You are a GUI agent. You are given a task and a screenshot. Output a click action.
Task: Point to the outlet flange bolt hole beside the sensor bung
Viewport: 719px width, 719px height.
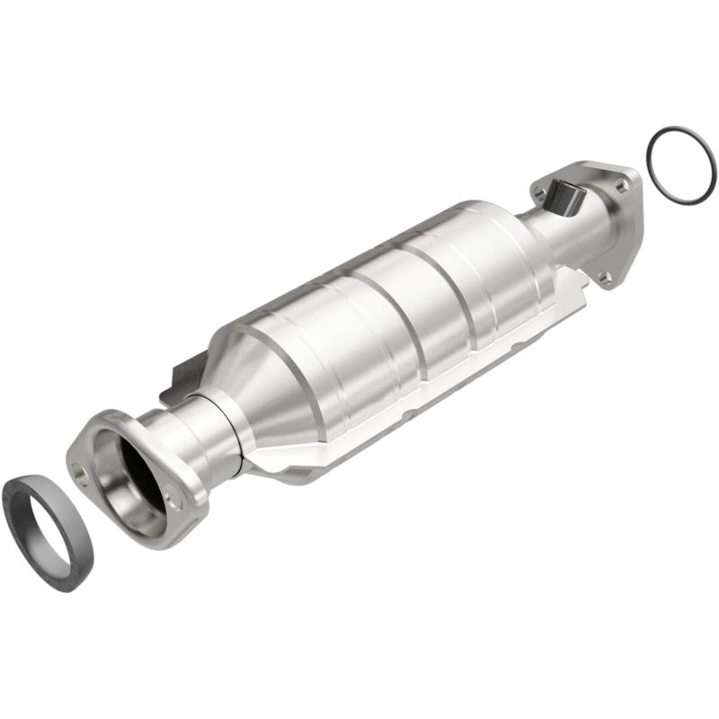click(539, 191)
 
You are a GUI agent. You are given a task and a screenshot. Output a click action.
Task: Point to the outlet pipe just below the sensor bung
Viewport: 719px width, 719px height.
click(575, 234)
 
